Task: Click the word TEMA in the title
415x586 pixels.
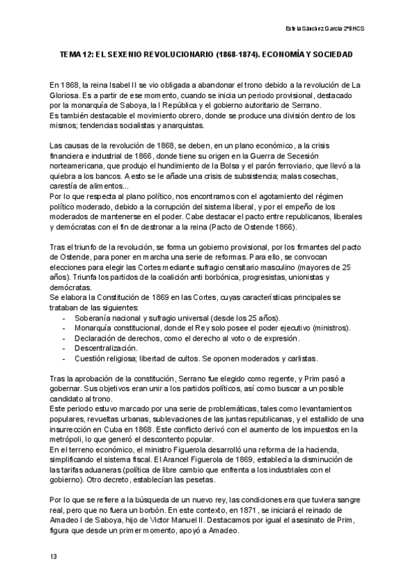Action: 73,53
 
